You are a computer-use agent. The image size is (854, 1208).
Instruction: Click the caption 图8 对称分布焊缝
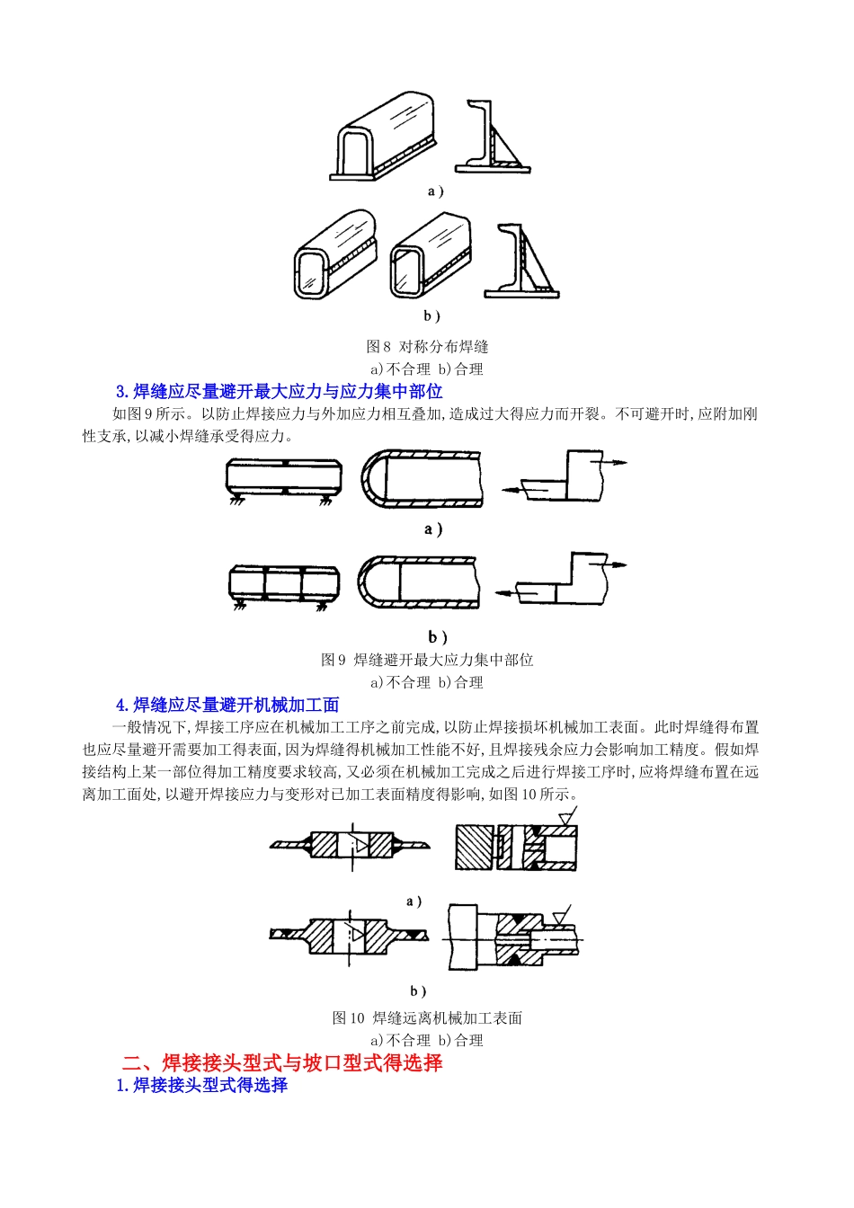pos(427,347)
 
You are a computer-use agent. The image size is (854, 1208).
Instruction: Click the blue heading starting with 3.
pos(279,392)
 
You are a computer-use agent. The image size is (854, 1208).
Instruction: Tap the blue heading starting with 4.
pos(227,706)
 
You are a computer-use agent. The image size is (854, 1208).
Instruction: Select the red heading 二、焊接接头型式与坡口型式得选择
pos(282,1063)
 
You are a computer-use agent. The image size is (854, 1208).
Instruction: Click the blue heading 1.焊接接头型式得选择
pos(201,1086)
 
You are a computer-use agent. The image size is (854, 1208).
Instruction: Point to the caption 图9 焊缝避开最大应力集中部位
pos(427,661)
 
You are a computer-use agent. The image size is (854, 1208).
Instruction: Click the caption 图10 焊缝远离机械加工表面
pos(427,1018)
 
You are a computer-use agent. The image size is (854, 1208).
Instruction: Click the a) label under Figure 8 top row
pos(435,191)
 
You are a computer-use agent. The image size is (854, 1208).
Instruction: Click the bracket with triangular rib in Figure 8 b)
pos(521,262)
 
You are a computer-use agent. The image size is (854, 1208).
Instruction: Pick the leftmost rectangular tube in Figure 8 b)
pos(334,255)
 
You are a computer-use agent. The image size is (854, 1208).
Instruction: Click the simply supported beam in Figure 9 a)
pos(283,478)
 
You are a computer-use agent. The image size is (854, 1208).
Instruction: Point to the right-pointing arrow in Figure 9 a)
pos(615,462)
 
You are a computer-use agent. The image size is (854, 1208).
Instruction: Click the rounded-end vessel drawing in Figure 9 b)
pos(418,582)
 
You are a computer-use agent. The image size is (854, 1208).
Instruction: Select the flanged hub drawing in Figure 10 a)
pos(351,845)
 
